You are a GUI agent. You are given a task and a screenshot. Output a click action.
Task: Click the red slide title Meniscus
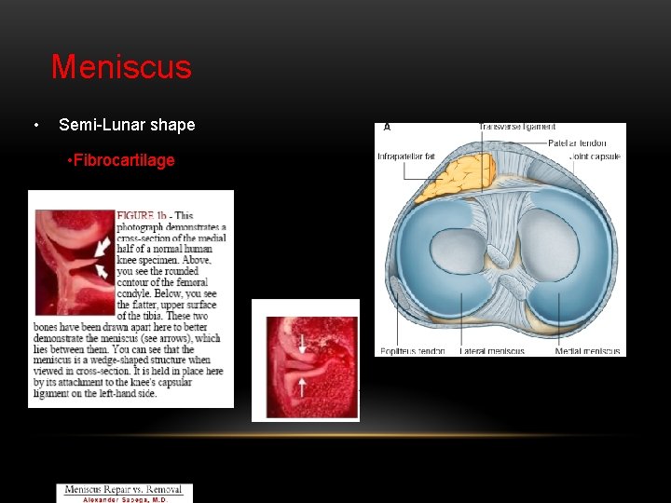121,67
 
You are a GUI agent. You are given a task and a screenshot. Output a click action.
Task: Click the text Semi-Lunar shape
127,125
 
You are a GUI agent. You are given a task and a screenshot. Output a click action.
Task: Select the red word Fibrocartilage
124,160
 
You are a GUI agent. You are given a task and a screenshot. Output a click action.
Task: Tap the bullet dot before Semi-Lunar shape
34,126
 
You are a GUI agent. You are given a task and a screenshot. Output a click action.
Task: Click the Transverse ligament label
516,128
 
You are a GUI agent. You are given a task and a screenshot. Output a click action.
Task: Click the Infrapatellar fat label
406,156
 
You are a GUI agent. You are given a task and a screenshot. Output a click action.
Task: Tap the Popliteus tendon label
410,351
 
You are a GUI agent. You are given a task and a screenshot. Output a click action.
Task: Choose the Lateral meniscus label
493,351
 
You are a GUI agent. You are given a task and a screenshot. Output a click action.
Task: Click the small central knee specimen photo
305,360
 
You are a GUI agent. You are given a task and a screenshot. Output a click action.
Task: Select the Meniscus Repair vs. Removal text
125,489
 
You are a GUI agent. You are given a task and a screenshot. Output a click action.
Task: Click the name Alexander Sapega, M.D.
125,498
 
